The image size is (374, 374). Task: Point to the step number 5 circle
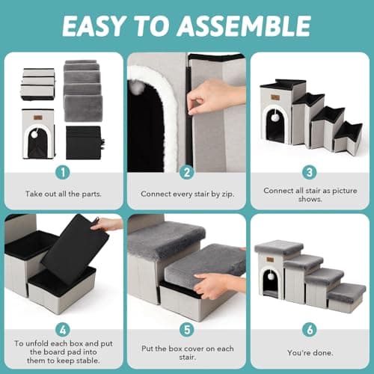click(186, 329)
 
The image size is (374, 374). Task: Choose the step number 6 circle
click(310, 329)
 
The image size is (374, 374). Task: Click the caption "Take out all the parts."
click(62, 194)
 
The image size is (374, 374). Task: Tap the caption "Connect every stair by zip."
click(186, 194)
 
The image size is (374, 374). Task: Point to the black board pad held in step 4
click(75, 247)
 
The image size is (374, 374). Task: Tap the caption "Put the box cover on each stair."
click(186, 351)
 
